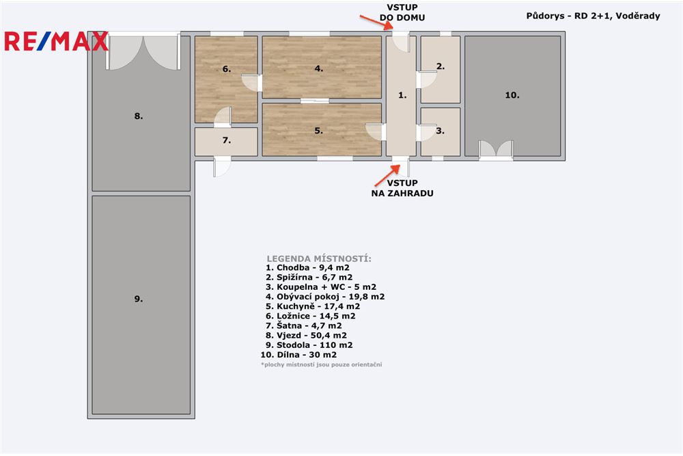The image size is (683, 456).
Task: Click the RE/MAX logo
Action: (x=56, y=41)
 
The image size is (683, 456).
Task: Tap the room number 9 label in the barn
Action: (x=138, y=299)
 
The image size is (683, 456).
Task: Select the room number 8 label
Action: (x=139, y=116)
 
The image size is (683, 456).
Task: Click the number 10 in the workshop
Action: (x=512, y=95)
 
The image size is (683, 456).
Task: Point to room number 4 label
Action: (x=318, y=68)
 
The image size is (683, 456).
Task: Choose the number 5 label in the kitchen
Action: (x=318, y=130)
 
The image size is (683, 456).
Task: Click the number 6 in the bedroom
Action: (x=226, y=68)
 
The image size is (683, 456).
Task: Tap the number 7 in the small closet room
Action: (x=226, y=140)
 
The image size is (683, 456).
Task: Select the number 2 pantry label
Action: (x=441, y=66)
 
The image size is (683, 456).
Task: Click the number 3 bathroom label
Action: (x=441, y=131)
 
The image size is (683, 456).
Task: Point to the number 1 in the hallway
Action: (x=402, y=95)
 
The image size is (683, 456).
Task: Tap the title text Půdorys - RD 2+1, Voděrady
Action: (x=594, y=16)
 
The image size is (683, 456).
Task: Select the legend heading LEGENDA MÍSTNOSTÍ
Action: (x=319, y=258)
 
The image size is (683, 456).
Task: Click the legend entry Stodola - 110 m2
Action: (x=306, y=345)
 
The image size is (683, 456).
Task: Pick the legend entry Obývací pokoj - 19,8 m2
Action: (x=325, y=297)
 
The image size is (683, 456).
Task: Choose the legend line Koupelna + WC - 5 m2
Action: (x=321, y=287)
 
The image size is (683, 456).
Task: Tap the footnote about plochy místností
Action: (x=321, y=364)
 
